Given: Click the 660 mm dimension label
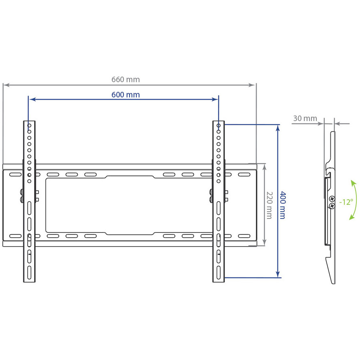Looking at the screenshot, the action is coord(125,79).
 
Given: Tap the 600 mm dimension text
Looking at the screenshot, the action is coord(125,95).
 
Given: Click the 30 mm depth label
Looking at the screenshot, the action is coord(305,118).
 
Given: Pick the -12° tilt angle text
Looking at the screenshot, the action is coord(346,202).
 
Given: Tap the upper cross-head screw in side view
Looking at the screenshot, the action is coord(332,198).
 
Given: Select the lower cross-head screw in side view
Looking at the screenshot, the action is coord(332,206).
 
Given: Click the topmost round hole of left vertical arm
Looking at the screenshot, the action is coord(29,125).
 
